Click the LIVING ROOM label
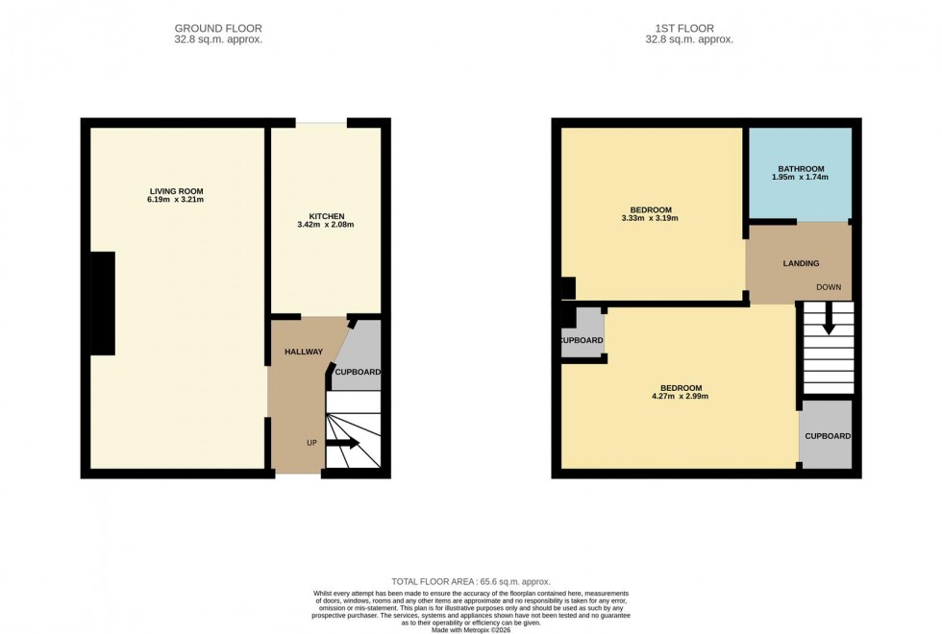point(176,191)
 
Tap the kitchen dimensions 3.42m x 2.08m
point(326,225)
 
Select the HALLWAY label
point(303,352)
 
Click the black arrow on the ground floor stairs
point(343,443)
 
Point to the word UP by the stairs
point(311,443)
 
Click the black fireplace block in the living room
point(102,303)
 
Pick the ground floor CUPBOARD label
point(358,372)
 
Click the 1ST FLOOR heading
point(687,29)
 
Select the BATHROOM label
point(800,169)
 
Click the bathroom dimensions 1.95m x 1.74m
point(800,178)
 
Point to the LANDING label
point(801,263)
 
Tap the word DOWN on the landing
point(829,287)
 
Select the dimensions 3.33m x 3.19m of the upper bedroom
point(650,219)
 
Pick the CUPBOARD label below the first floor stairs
point(828,436)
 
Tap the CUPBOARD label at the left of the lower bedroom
point(582,341)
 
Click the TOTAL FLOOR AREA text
point(470,582)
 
